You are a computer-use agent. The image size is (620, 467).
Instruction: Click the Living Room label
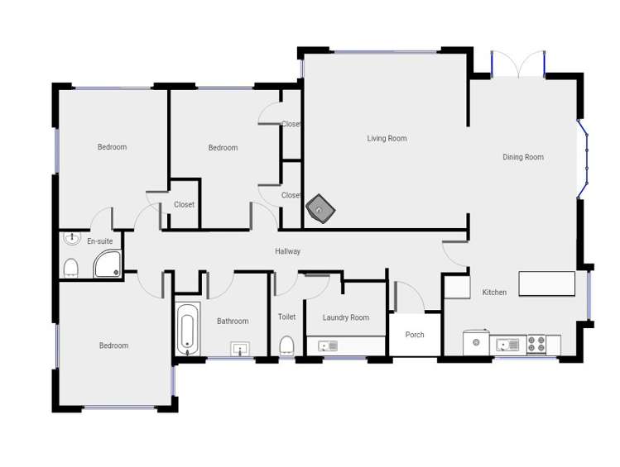[387, 139]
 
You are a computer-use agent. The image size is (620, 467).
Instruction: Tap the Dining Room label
[523, 157]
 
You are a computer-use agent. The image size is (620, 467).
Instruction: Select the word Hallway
[288, 251]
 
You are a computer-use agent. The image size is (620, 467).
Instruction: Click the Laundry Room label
[346, 317]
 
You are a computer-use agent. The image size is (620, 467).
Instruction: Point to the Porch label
[415, 335]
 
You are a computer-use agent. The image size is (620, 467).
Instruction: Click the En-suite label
[99, 241]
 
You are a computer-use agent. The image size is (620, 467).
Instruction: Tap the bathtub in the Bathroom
[188, 330]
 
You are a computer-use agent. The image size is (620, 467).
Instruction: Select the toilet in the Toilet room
[286, 345]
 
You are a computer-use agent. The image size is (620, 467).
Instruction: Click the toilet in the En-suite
[71, 268]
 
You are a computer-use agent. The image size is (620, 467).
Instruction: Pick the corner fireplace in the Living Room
[320, 210]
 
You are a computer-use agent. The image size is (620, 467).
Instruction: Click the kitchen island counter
[546, 284]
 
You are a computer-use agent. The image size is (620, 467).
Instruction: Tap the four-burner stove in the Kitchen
[536, 344]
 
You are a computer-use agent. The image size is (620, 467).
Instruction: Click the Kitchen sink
[507, 345]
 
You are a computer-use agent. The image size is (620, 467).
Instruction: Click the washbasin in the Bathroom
[240, 349]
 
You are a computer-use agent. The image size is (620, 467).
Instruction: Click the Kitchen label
[494, 293]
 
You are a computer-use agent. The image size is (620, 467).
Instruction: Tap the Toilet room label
[286, 317]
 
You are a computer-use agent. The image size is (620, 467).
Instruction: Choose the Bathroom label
[233, 322]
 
